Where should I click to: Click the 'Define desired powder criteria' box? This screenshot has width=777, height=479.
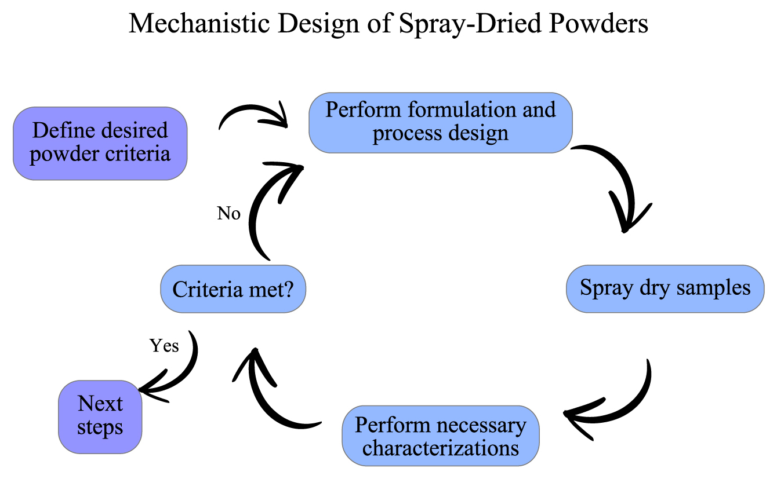pos(100,143)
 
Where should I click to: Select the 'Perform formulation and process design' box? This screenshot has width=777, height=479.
pos(441,123)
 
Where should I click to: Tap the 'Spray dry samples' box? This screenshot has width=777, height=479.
pos(665,288)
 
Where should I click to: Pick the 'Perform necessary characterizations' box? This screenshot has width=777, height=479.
pos(441,436)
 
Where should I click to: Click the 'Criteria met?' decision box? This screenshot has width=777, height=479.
pos(233,289)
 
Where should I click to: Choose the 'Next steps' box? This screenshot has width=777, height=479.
pos(100,417)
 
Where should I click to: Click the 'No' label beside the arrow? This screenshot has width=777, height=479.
pos(228,213)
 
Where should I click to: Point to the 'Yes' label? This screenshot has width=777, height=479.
pos(164,346)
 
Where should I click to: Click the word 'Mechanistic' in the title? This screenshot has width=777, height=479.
pos(199,24)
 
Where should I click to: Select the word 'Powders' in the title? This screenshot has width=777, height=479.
pos(598,24)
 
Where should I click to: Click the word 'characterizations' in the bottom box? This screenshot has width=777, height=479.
pos(441,448)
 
